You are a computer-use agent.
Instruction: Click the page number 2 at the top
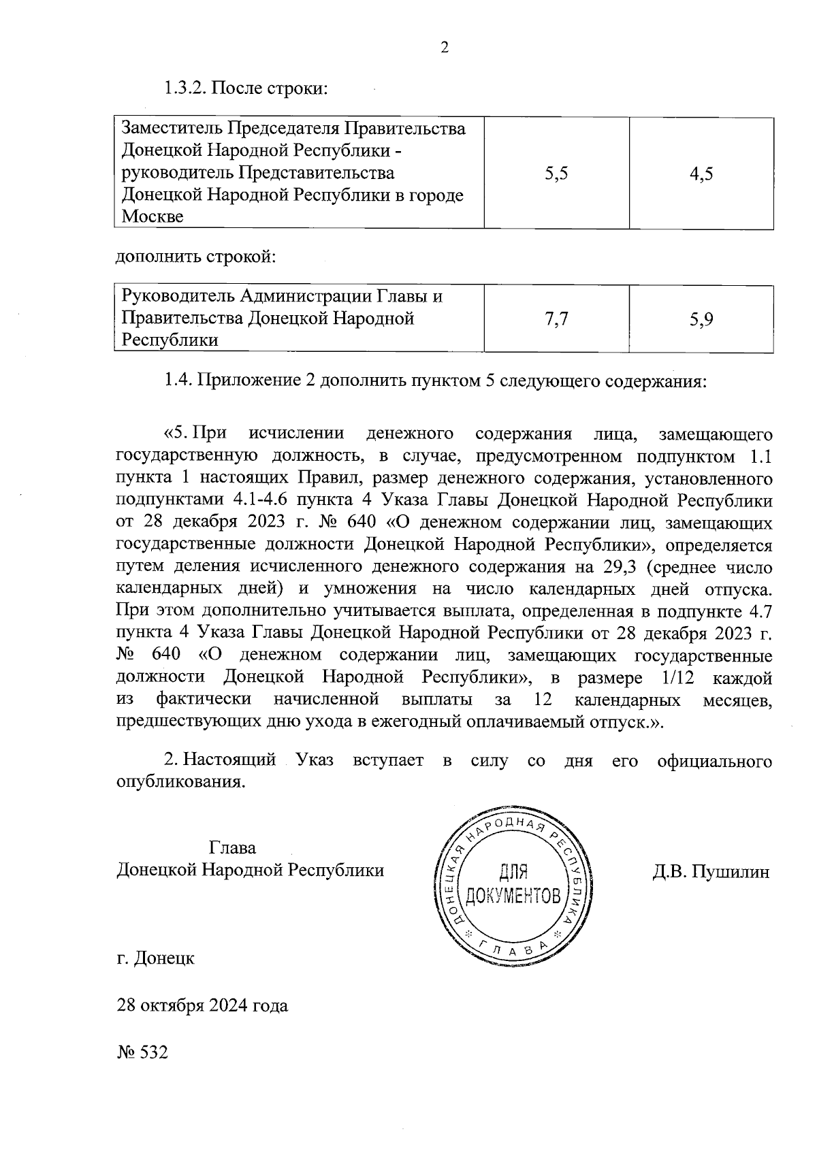tap(445, 48)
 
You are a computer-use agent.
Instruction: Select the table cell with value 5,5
tap(556, 174)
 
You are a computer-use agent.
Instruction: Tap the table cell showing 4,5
tap(701, 174)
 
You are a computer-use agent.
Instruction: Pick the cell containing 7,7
tap(556, 319)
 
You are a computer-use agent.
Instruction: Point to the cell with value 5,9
tap(701, 319)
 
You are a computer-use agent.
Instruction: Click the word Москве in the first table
tap(152, 217)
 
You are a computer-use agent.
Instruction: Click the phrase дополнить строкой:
tap(197, 258)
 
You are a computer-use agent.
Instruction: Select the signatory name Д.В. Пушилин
tap(711, 871)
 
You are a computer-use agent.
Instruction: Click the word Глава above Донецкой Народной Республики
tap(233, 848)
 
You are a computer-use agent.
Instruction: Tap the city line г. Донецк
tap(156, 958)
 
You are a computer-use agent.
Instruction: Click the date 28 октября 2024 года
tap(202, 1005)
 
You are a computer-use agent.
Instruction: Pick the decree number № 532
tap(142, 1052)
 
